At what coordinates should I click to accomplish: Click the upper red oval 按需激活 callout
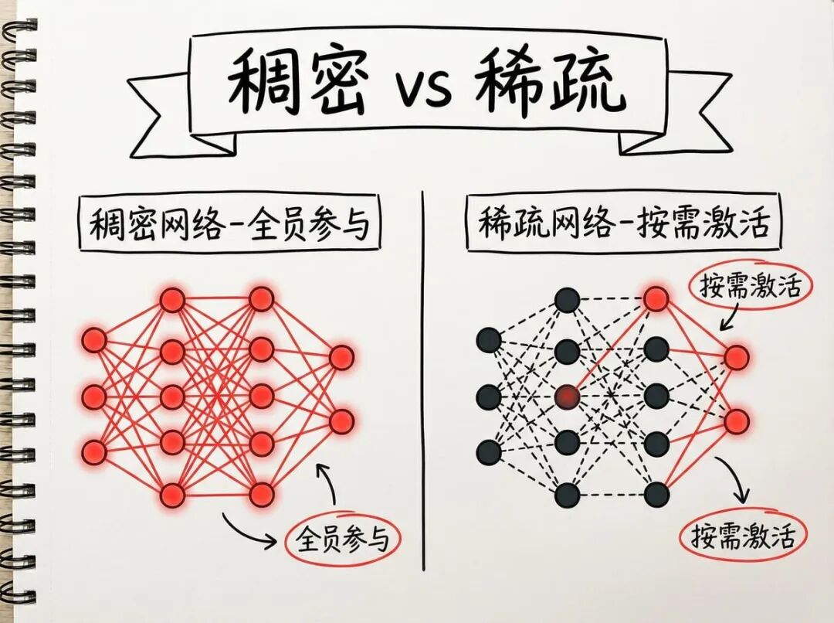click(744, 288)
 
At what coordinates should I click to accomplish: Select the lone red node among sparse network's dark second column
click(568, 397)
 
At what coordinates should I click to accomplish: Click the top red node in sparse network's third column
click(656, 298)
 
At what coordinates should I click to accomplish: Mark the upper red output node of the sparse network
click(737, 356)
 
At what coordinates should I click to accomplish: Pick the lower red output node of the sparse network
click(737, 421)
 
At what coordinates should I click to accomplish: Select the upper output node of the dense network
click(341, 357)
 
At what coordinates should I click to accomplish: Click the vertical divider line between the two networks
click(423, 386)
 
